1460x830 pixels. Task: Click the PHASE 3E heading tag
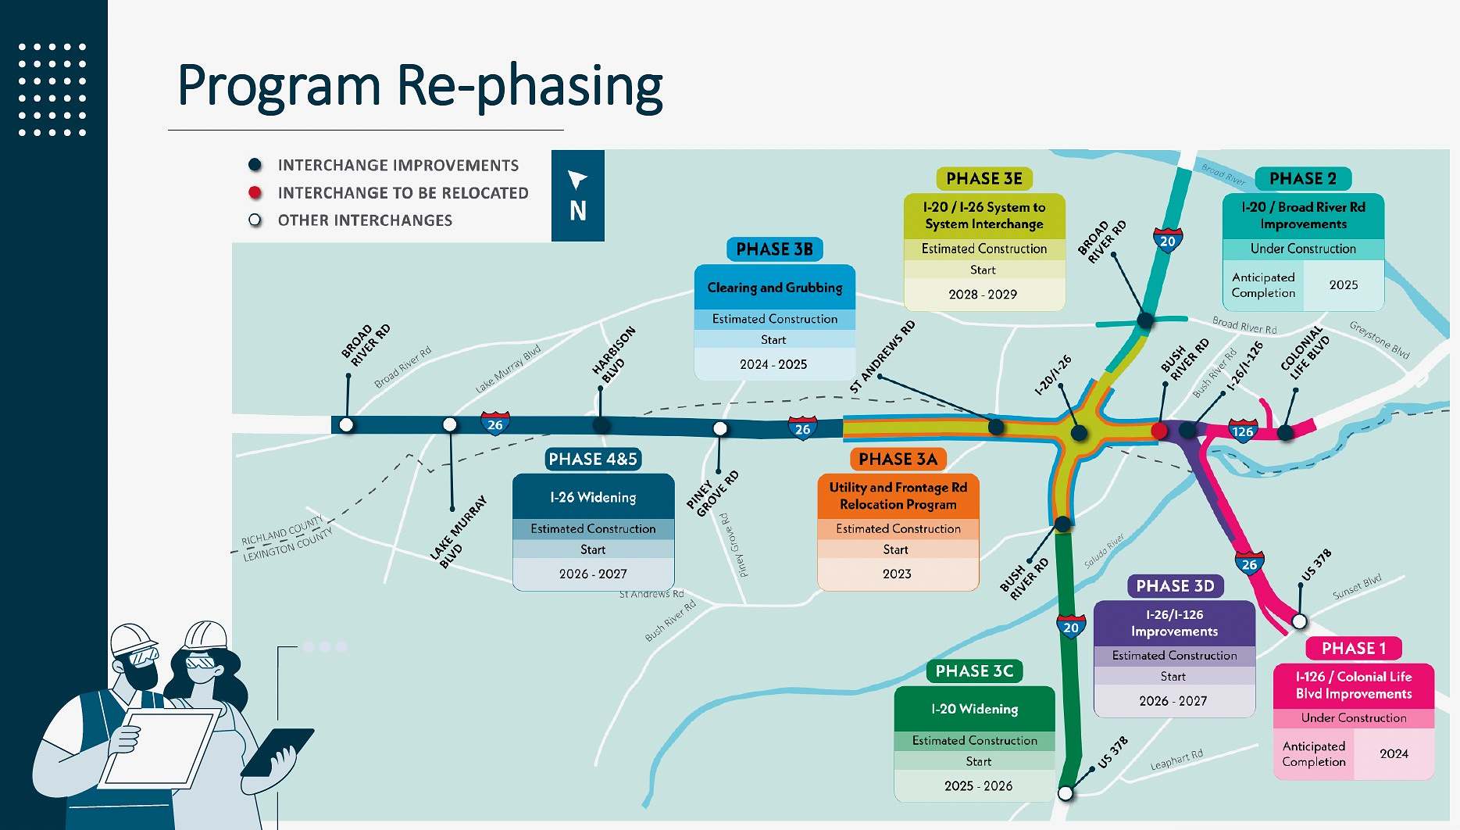click(x=983, y=179)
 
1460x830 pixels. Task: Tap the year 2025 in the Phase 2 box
click(x=1343, y=285)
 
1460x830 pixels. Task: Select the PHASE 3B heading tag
click(x=774, y=249)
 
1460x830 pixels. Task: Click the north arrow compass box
click(x=577, y=195)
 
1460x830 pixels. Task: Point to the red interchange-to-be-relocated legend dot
click(x=255, y=193)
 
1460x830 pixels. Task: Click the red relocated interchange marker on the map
click(x=1159, y=431)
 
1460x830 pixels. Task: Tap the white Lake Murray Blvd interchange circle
click(x=450, y=424)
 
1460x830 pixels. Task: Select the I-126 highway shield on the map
click(x=1241, y=431)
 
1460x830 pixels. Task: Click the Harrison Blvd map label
click(x=614, y=355)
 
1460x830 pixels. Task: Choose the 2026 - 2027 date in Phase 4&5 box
click(x=593, y=574)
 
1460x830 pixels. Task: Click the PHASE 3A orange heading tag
click(x=898, y=460)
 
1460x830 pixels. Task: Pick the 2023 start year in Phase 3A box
click(x=897, y=574)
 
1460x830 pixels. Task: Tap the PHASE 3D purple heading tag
click(x=1175, y=586)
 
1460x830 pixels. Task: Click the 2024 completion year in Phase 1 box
click(x=1394, y=754)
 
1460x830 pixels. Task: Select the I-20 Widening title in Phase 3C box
click(x=974, y=710)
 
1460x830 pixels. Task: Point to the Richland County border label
click(x=282, y=530)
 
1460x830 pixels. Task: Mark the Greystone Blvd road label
click(x=1380, y=340)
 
